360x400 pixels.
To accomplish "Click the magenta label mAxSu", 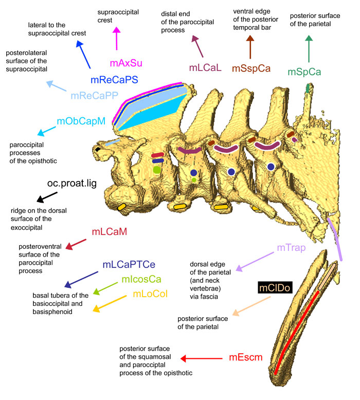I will pos(126,63).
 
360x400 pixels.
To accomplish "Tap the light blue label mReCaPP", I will pos(94,95).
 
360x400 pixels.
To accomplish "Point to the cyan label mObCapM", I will pos(81,122).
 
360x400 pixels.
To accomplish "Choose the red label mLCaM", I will pos(110,232).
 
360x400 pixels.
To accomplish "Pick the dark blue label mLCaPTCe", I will pos(129,265).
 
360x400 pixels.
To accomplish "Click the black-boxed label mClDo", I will pos(275,287).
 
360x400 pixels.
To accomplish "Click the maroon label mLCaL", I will pos(206,68).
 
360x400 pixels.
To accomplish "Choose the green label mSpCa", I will pos(304,72).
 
